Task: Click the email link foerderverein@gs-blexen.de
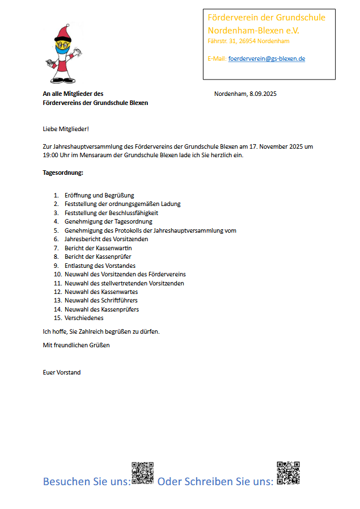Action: pos(266,58)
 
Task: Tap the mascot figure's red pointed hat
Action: pos(61,32)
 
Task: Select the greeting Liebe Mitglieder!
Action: pos(66,129)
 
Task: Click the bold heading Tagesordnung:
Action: pos(63,173)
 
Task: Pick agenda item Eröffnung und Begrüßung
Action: pos(99,195)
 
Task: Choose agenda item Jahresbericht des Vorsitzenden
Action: pos(106,239)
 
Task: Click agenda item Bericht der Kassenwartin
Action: pos(98,248)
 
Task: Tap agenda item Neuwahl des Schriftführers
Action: pos(101,300)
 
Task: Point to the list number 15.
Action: pos(57,318)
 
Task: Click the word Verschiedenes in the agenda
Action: pos(84,318)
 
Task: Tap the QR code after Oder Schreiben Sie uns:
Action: pos(288,473)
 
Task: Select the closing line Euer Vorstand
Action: pos(62,372)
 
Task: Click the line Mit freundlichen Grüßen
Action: pos(76,345)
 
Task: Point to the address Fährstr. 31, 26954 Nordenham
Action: pos(249,41)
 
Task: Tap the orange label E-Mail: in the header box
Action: pos(217,58)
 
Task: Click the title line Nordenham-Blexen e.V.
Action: pos(253,30)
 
